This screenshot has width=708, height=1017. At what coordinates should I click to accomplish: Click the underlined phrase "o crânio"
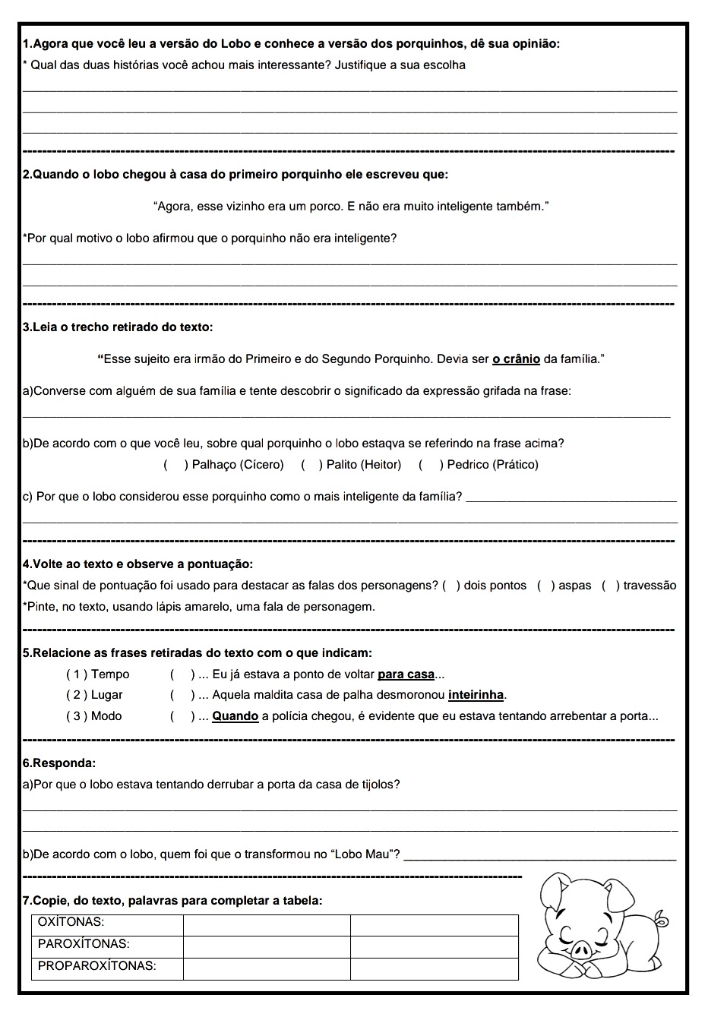(x=516, y=358)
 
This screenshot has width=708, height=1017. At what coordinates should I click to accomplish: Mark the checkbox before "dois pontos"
(x=450, y=586)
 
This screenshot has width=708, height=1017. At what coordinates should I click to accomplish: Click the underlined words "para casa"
(x=406, y=674)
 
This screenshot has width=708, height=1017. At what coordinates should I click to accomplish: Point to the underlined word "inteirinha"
(x=476, y=695)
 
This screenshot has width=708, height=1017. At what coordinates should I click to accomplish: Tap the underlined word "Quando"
(x=235, y=716)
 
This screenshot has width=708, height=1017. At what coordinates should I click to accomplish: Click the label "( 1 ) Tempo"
(x=98, y=674)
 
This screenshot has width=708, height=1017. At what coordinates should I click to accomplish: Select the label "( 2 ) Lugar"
(x=94, y=695)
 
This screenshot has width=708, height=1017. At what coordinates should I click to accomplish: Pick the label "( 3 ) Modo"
(x=94, y=716)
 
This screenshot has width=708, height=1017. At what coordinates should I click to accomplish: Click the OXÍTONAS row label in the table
(x=71, y=923)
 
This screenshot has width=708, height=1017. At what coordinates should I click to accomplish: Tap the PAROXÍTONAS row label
(x=84, y=945)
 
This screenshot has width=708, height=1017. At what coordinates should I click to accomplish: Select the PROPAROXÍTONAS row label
(x=97, y=967)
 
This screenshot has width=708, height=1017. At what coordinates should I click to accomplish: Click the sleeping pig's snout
(x=581, y=949)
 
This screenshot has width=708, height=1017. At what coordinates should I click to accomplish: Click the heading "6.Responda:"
(x=60, y=763)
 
